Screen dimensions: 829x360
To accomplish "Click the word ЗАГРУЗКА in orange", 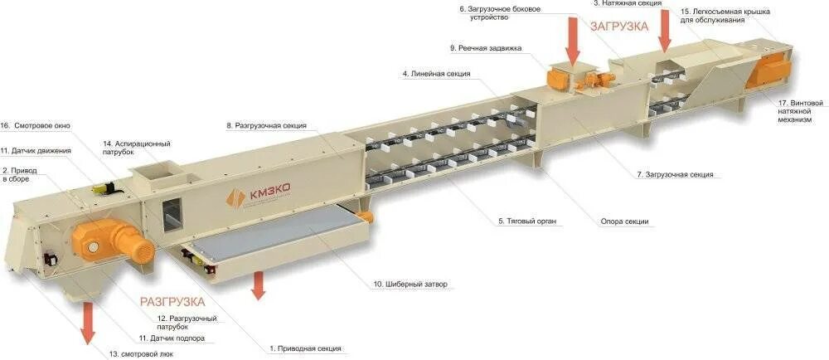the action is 618,26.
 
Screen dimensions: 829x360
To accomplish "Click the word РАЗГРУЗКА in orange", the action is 172,302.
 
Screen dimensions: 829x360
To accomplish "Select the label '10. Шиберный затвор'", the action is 410,284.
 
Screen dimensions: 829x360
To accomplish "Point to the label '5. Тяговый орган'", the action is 526,221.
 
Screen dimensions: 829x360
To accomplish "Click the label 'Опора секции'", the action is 624,221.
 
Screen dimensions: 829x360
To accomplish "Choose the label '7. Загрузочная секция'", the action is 674,175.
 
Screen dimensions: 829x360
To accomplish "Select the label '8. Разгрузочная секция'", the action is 266,126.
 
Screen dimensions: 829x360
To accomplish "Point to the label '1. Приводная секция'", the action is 305,348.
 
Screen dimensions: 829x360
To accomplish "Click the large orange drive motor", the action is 100,239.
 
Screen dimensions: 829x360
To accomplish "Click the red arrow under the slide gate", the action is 259,283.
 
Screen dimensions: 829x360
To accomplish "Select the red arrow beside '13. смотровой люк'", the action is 88,324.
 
